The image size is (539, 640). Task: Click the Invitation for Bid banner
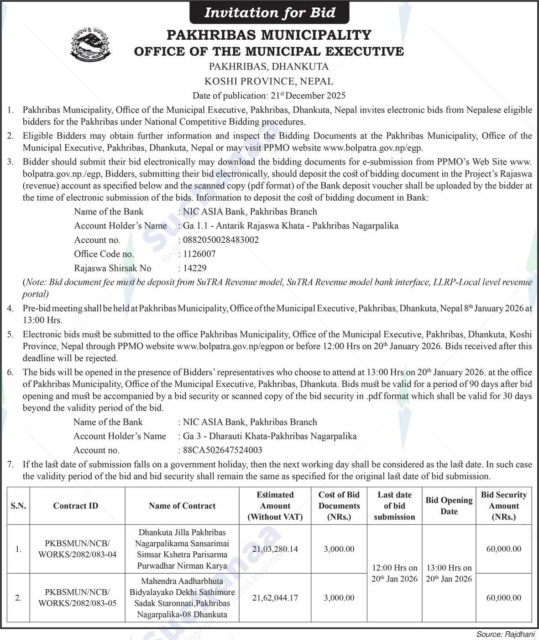(269, 12)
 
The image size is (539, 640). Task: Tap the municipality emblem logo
(90, 44)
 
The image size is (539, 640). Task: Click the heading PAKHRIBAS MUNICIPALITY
(269, 35)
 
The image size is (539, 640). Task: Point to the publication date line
(269, 96)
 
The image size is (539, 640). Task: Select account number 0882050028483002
(221, 240)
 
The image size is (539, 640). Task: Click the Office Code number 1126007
(199, 254)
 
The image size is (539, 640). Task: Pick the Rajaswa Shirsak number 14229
(195, 268)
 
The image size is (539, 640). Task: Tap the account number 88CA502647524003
(223, 450)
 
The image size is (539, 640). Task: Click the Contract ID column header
(76, 506)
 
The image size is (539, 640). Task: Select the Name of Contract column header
(182, 506)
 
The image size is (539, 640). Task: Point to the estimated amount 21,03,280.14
(275, 549)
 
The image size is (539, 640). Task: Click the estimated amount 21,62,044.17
(275, 597)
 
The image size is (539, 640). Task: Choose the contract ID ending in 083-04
(77, 549)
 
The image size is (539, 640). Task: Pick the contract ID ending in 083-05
(77, 597)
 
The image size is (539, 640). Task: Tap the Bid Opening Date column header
(449, 506)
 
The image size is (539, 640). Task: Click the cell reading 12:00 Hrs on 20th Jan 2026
(394, 573)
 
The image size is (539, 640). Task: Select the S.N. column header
(18, 506)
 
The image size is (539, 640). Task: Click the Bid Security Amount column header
(504, 506)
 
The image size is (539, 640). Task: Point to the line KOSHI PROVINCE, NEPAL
(269, 81)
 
